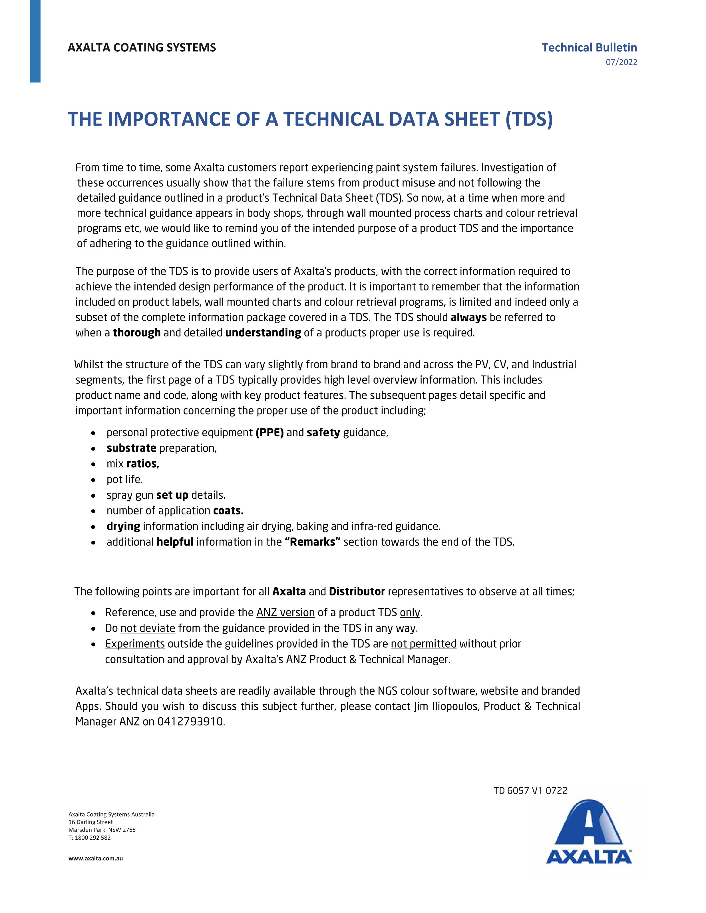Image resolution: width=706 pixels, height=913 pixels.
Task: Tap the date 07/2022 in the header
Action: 621,62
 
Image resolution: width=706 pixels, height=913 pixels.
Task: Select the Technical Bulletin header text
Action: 589,48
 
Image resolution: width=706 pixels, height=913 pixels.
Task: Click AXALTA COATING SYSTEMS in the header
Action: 142,48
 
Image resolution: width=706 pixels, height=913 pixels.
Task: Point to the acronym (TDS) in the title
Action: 529,119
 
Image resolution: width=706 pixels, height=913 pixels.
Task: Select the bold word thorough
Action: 137,333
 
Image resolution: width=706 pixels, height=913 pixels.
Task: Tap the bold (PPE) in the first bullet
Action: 270,433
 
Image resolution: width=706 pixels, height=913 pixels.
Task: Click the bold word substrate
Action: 131,448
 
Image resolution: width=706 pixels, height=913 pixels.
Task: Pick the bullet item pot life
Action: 125,480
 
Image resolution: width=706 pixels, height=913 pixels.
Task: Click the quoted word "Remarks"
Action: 312,542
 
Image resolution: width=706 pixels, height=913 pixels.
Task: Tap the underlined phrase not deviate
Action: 148,628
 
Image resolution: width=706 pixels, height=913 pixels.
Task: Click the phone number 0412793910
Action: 191,722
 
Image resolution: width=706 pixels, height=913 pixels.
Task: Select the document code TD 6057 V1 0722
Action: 530,791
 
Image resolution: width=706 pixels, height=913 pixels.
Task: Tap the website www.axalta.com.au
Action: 95,858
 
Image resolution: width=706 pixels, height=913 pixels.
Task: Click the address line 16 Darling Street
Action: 91,822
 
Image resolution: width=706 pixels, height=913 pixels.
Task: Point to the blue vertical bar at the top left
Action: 35,41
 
